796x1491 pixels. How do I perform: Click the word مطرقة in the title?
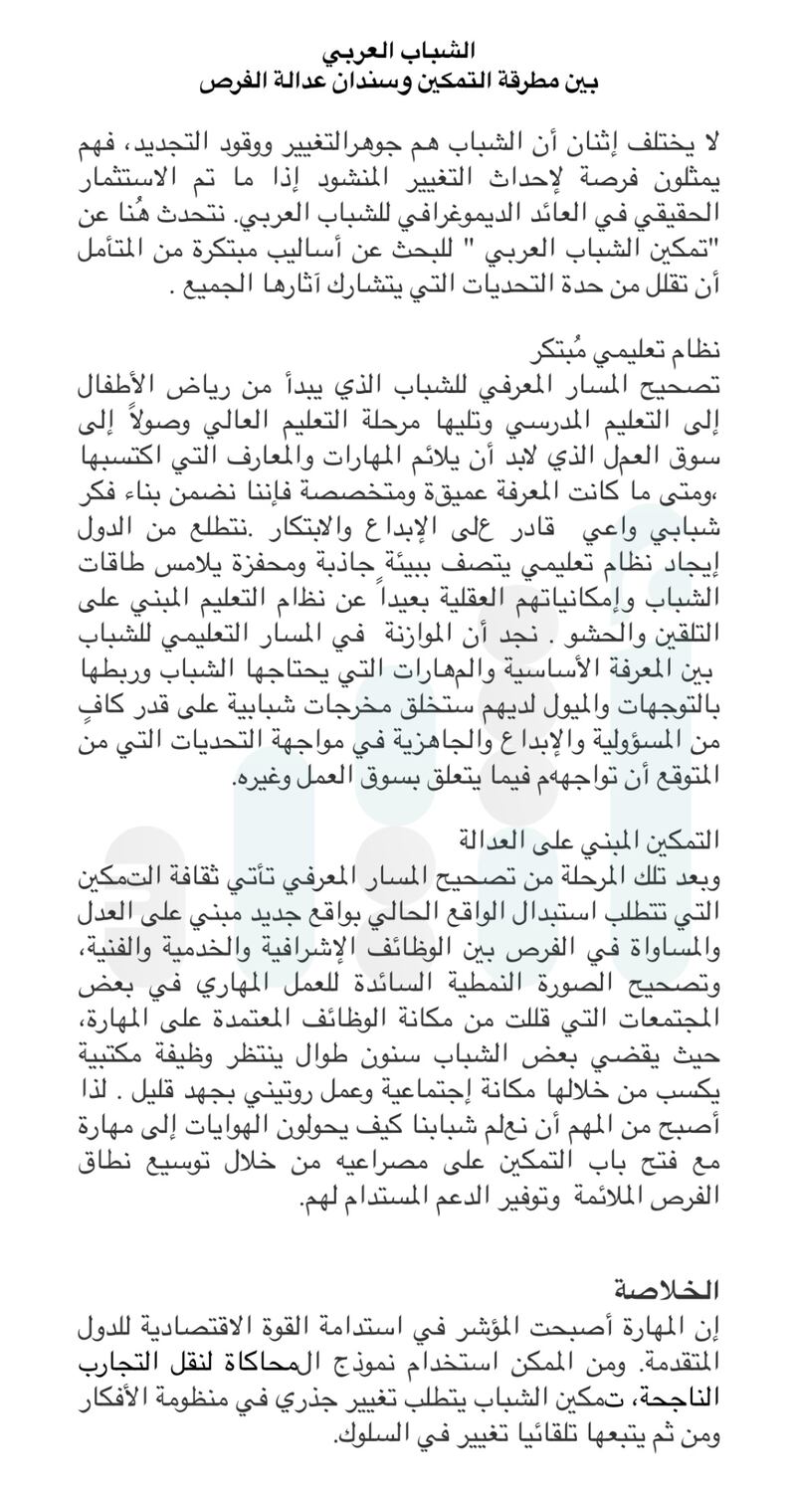(523, 82)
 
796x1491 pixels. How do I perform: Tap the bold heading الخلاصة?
(666, 1290)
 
